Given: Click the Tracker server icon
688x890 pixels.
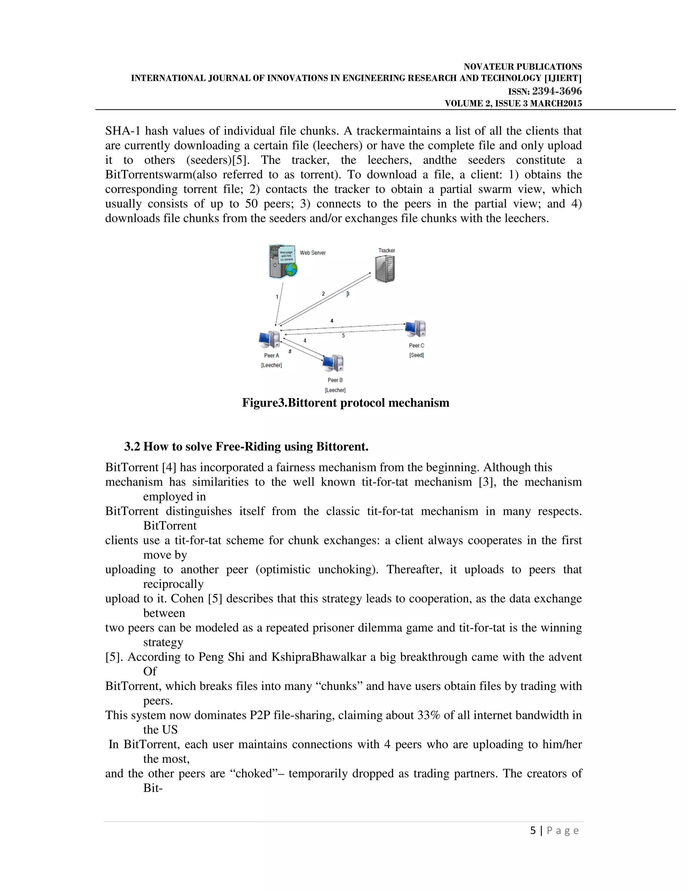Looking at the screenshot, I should [385, 269].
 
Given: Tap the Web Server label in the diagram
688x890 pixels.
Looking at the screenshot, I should [313, 253].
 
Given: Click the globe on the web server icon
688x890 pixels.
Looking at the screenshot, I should [291, 269].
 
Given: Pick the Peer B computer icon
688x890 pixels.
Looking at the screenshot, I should [333, 363].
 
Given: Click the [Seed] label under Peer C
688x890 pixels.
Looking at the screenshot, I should [417, 355].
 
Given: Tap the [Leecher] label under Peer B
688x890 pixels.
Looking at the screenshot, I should [335, 390].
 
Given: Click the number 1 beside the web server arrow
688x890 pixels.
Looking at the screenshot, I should [277, 297].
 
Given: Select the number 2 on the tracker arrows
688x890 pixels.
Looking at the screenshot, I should [323, 294].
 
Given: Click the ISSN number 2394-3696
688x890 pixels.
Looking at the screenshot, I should [557, 91].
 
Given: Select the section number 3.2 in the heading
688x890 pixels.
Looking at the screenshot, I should [132, 447].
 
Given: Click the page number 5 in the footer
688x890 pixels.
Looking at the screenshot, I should [533, 831].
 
